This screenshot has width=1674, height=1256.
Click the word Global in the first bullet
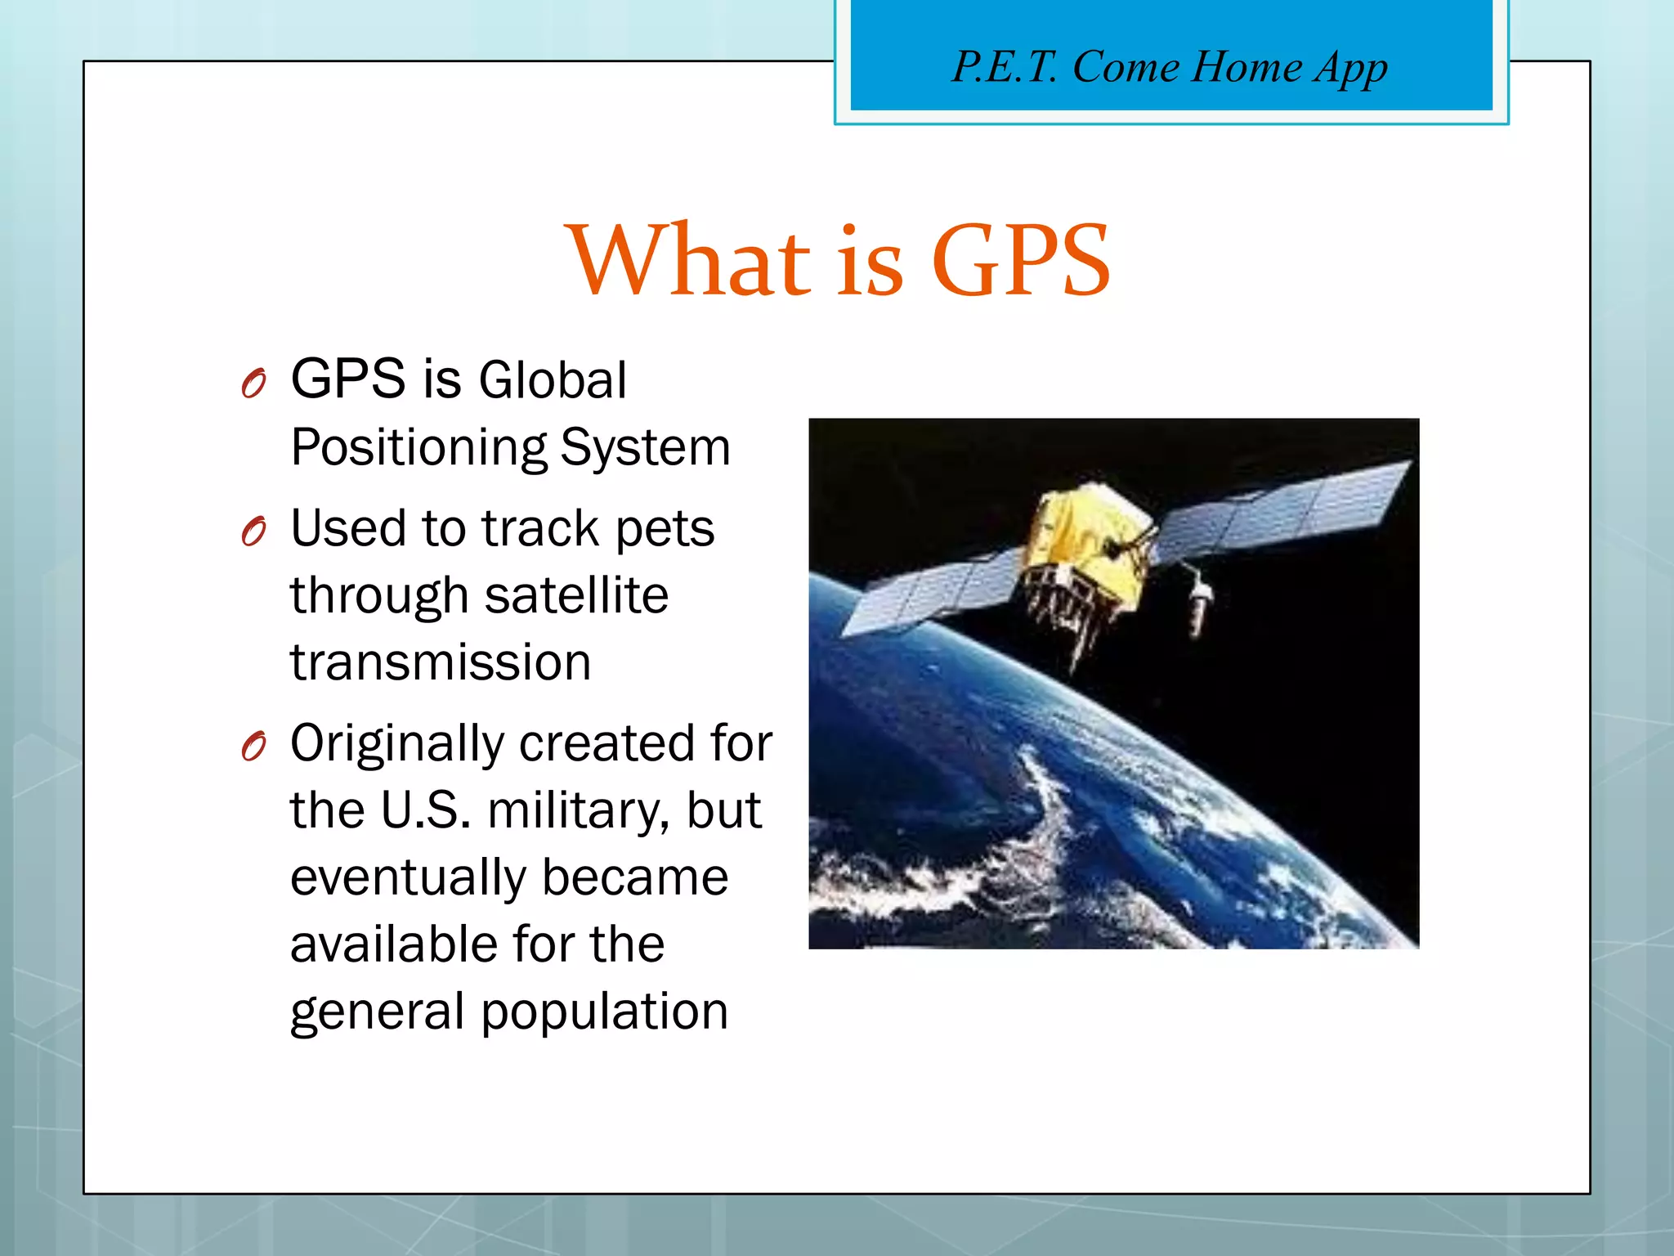coord(553,380)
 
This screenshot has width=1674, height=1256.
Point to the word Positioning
coord(418,448)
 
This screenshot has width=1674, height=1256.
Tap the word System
coord(645,448)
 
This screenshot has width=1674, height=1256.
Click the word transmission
coord(441,662)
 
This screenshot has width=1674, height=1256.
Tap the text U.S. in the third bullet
coord(426,811)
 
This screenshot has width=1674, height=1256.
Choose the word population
coord(604,1012)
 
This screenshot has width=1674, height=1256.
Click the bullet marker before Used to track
coord(254,532)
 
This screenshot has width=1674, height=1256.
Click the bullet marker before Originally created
coord(254,746)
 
